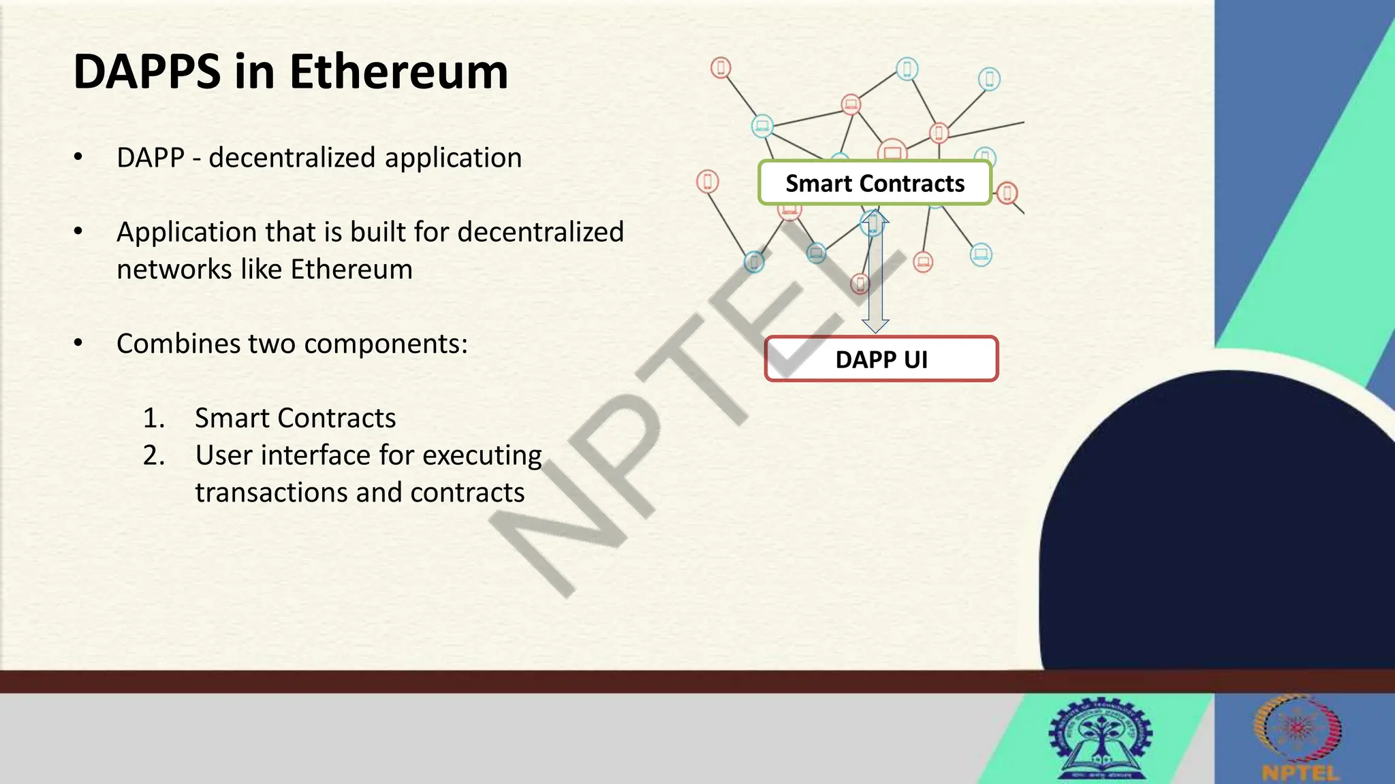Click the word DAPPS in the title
coord(147,72)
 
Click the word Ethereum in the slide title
coord(398,72)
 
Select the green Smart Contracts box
coord(875,183)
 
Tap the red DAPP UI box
coord(881,359)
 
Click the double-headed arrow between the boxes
coord(875,272)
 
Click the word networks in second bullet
coord(174,269)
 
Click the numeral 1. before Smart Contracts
coord(154,418)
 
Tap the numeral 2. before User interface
coord(154,455)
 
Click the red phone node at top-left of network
coord(721,67)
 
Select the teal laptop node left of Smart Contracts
coord(762,125)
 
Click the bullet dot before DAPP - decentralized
coord(78,158)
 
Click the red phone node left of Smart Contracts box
coord(708,182)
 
